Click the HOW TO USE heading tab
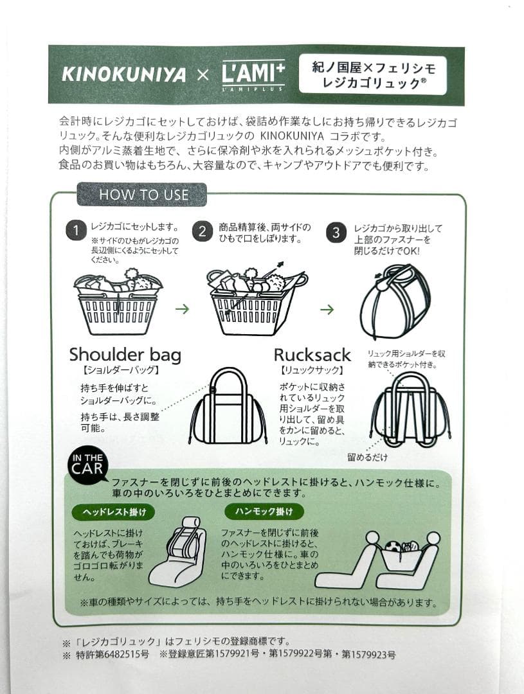coord(142,195)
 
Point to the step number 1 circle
coord(76,231)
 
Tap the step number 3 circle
coord(336,232)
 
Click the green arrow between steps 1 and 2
coord(183,309)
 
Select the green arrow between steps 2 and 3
coord(327,309)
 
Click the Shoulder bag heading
coord(125,355)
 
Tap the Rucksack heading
coord(312,355)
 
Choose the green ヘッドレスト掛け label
coord(114,512)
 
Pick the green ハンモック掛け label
coord(264,512)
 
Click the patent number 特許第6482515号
coord(111,655)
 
